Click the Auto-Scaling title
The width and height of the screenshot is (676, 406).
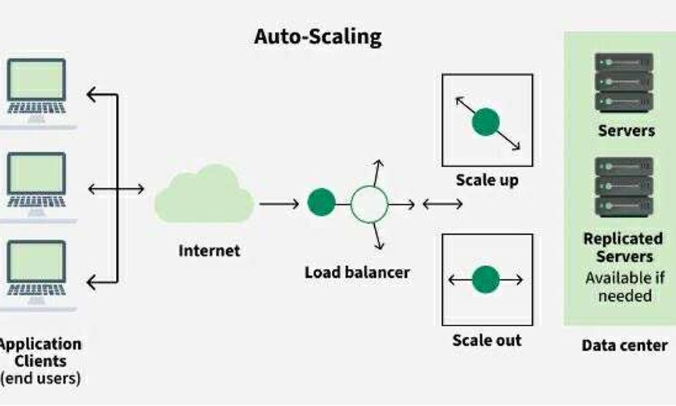pos(318,36)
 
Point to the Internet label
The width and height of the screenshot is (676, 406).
pos(209,250)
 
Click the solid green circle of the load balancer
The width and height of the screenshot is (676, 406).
pos(321,203)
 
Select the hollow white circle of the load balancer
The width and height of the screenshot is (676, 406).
pos(369,203)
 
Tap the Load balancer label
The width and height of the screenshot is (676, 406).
pos(357,272)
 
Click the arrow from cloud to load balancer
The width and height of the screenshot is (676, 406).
pos(279,203)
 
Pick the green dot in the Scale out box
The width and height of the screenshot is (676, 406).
pos(486,279)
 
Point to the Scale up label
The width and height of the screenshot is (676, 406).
pos(487,180)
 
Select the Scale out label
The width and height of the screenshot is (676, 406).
pos(487,340)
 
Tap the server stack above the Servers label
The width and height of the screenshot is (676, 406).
pos(624,83)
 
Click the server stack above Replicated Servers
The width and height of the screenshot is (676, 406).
pos(624,187)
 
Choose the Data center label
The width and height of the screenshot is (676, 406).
pos(624,345)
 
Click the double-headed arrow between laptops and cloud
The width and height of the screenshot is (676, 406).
pos(116,189)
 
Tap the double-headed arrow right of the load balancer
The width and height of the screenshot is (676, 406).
pos(442,203)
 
